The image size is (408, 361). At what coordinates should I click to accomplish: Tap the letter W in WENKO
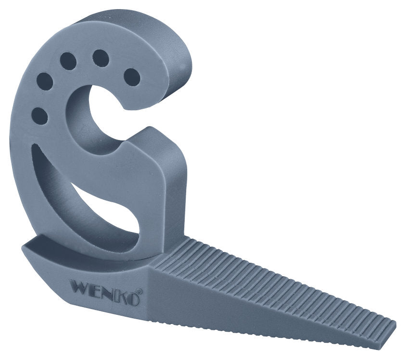78,286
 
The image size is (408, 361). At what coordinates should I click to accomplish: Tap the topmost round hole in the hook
101,58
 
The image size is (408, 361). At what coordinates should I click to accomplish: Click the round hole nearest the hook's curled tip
131,77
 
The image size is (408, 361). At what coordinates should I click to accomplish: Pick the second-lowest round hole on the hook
44,82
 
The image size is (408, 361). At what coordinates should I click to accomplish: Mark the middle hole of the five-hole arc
68,61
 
